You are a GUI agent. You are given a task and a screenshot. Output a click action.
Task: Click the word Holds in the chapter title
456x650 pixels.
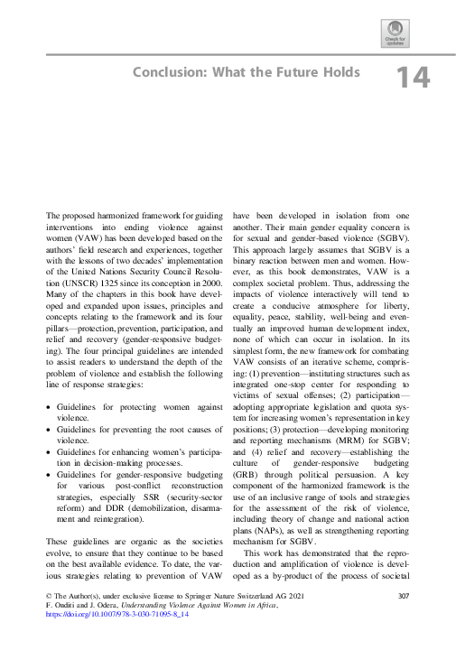pyautogui.click(x=340, y=72)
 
